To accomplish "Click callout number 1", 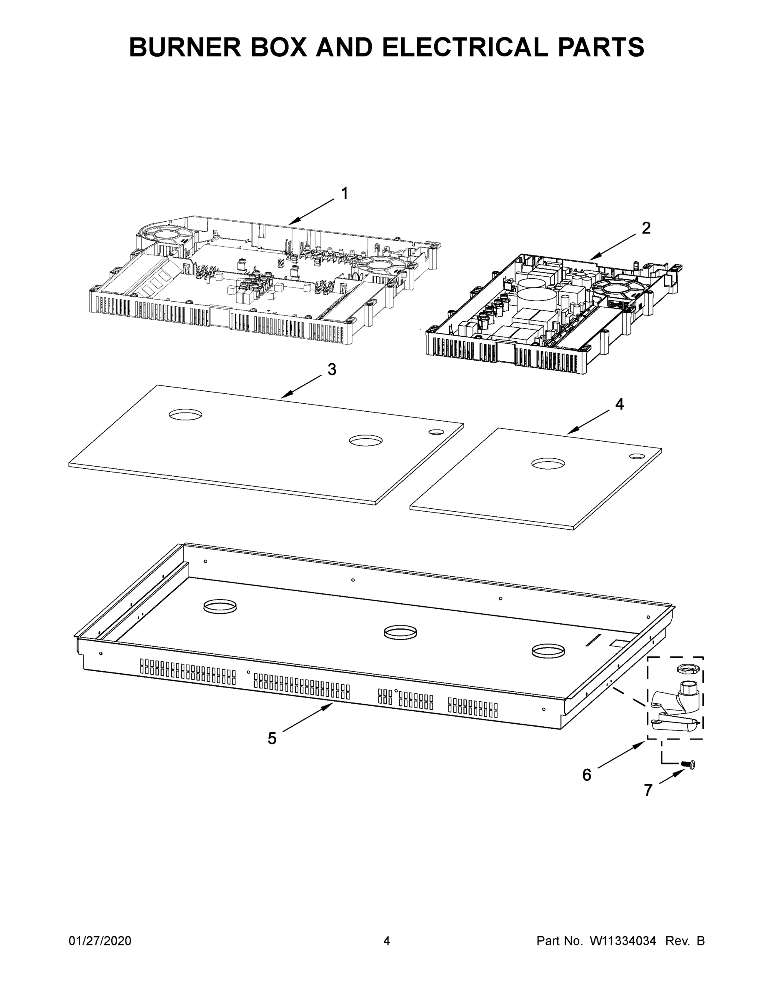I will (344, 194).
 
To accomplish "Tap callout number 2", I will (645, 228).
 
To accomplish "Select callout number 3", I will (332, 370).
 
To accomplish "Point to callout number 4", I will (619, 404).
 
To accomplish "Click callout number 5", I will (272, 739).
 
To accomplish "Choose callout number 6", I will (587, 775).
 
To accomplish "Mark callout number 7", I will (648, 790).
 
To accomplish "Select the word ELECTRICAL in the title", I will (465, 47).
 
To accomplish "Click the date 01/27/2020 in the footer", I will (100, 940).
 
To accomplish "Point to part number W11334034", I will (623, 940).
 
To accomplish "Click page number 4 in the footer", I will (387, 940).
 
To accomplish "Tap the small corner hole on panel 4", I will (636, 457).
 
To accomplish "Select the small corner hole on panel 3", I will (436, 432).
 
